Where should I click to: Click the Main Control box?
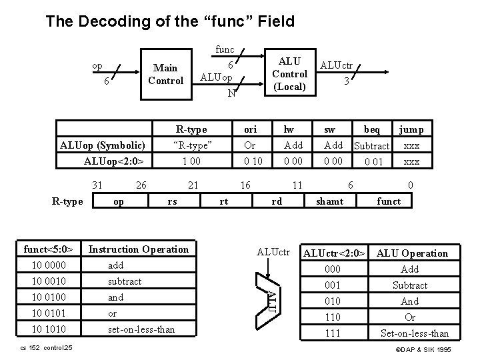pyautogui.click(x=165, y=74)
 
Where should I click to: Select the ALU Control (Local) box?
pyautogui.click(x=290, y=74)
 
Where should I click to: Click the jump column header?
pyautogui.click(x=411, y=129)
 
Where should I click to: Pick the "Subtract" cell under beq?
pyautogui.click(x=372, y=145)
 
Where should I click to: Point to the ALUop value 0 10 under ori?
pyautogui.click(x=253, y=161)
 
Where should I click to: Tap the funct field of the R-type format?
pyautogui.click(x=389, y=201)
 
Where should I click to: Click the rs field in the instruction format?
pyautogui.click(x=172, y=201)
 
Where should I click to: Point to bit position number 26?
pyautogui.click(x=141, y=183)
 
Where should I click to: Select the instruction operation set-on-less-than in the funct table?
pyautogui.click(x=141, y=329)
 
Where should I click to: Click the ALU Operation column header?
pyautogui.click(x=412, y=253)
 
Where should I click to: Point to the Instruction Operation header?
pyautogui.click(x=139, y=249)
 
